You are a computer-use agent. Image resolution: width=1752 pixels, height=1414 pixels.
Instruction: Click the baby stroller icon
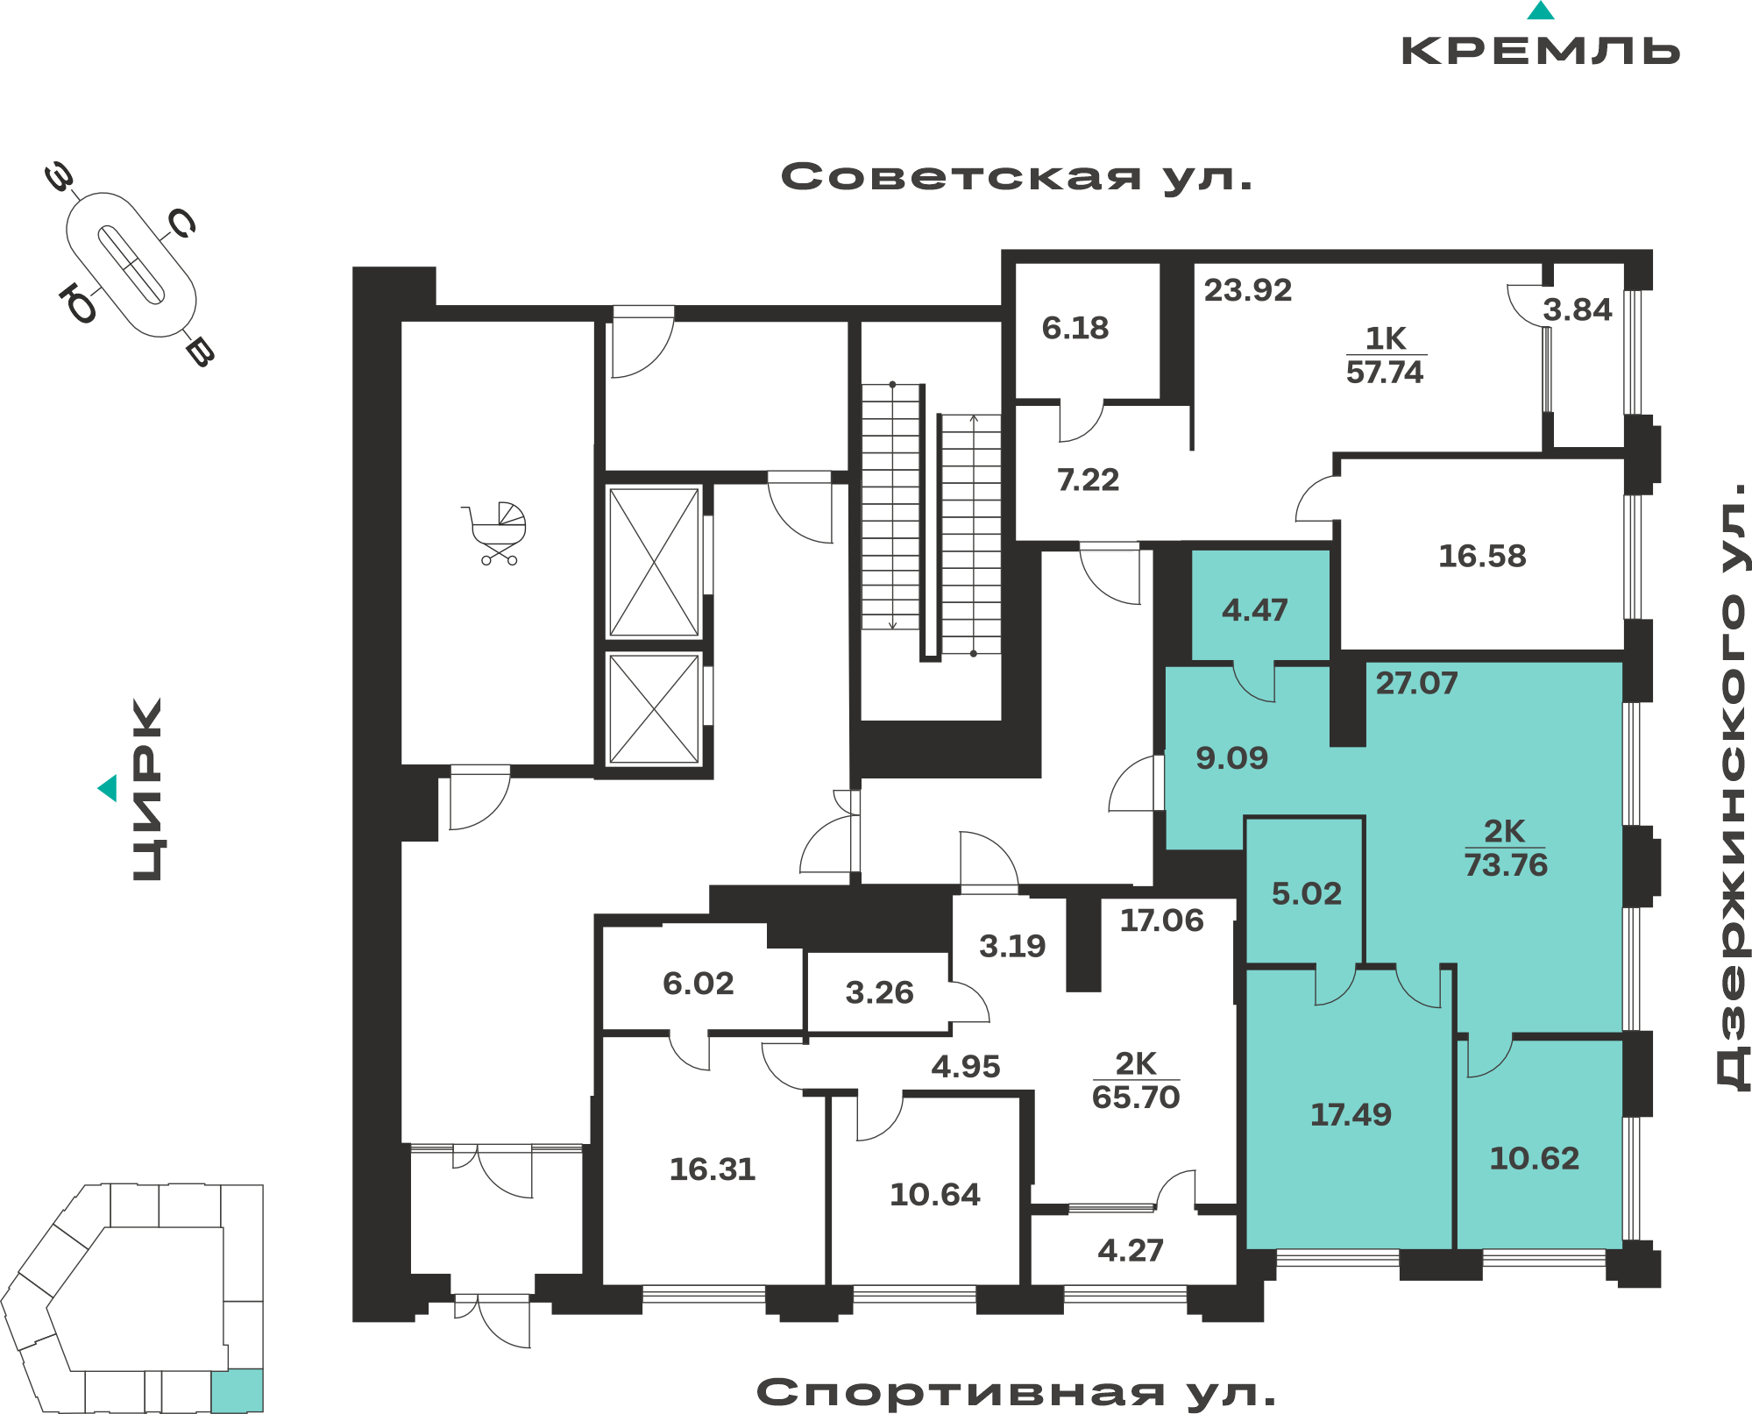point(495,533)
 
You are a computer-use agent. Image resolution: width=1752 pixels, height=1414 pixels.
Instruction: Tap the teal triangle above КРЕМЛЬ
point(1541,11)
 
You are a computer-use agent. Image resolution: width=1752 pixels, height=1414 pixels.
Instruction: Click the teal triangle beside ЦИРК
point(108,788)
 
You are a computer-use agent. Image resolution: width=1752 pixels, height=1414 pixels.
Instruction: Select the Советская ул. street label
point(1017,177)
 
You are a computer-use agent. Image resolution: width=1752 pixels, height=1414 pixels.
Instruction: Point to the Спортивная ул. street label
point(1017,1392)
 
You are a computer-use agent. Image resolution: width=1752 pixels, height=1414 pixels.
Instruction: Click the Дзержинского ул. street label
point(1731,785)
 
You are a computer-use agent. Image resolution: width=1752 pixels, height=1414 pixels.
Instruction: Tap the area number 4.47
point(1255,610)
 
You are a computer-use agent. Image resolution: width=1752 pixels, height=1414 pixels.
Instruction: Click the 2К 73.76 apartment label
point(1506,848)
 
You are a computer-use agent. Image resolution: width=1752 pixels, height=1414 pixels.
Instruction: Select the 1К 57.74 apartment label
point(1385,355)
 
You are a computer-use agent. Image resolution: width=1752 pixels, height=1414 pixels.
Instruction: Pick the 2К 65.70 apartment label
point(1136,1080)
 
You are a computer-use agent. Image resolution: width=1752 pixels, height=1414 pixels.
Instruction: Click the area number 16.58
point(1482,556)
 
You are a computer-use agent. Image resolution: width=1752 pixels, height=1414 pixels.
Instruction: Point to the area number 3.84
point(1578,309)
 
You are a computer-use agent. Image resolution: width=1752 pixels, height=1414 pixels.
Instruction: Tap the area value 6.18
point(1075,328)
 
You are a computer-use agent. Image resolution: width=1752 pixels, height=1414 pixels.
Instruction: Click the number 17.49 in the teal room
point(1351,1114)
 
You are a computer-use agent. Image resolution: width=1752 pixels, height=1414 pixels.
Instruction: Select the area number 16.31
point(713,1169)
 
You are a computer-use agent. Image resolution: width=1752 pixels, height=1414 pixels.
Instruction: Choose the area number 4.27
point(1131,1250)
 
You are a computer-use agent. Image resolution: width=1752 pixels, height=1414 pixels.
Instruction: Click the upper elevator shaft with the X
point(654,562)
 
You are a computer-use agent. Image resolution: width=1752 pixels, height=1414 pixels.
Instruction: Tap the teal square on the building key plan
point(237,1389)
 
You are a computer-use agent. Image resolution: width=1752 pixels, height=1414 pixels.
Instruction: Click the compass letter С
point(182,224)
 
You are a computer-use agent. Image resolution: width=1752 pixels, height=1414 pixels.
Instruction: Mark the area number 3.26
point(879,992)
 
